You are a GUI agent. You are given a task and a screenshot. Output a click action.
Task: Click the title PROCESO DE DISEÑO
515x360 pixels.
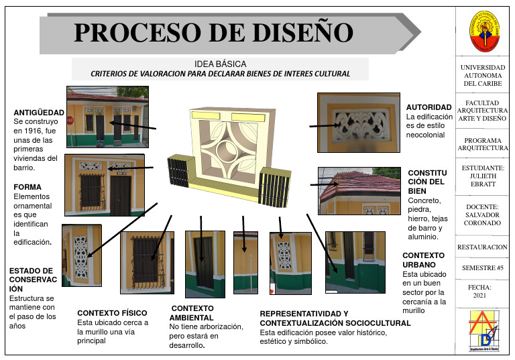(213, 32)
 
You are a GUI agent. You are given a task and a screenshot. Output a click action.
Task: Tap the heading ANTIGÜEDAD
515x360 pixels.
(39, 112)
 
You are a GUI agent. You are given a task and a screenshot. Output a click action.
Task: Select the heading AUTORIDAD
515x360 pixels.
(429, 107)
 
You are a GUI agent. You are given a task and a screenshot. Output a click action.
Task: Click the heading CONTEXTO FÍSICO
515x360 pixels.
(113, 312)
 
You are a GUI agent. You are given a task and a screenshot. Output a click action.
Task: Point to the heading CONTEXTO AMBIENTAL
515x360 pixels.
(192, 312)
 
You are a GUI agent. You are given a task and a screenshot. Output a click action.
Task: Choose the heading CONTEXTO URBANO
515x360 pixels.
(423, 260)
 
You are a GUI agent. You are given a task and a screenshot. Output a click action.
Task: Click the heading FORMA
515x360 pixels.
(27, 187)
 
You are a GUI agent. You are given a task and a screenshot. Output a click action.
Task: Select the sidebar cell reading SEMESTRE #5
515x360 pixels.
(483, 268)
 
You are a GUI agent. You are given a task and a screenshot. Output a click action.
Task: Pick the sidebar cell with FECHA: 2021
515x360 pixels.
(483, 291)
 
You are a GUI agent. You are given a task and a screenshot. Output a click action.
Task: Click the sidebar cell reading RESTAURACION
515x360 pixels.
(483, 247)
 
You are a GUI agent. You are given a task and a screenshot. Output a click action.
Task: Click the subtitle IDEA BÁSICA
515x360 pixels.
(220, 64)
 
